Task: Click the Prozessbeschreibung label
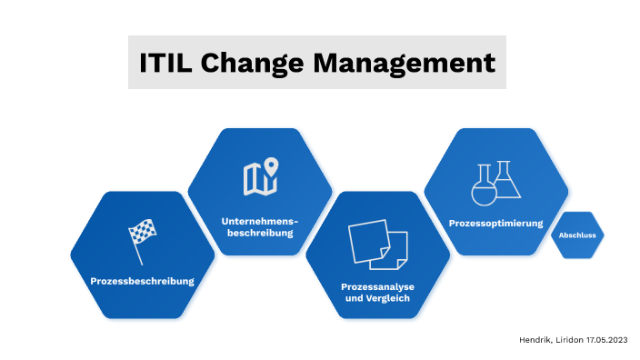click(143, 281)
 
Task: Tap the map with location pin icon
click(260, 176)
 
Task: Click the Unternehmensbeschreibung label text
click(260, 227)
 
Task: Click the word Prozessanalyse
click(377, 286)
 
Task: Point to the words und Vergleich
click(377, 298)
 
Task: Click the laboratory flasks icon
click(495, 181)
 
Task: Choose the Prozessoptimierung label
click(495, 223)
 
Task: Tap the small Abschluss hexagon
click(577, 235)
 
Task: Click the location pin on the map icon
click(271, 166)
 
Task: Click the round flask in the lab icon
click(482, 189)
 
